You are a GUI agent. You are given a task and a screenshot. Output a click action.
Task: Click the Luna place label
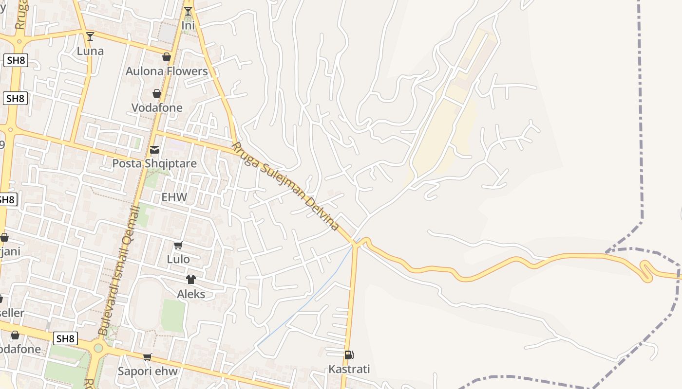pyautogui.click(x=90, y=51)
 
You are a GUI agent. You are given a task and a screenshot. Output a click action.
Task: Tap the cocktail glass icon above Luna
pyautogui.click(x=90, y=36)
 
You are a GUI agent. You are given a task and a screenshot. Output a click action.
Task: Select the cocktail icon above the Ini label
pyautogui.click(x=188, y=11)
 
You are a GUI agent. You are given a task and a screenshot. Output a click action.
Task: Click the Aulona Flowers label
pyautogui.click(x=167, y=71)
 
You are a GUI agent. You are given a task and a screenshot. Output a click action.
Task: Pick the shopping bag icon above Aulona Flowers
pyautogui.click(x=167, y=57)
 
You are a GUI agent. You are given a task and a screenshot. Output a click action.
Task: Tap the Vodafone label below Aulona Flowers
pyautogui.click(x=157, y=107)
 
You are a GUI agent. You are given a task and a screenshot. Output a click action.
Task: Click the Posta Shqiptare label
pyautogui.click(x=154, y=163)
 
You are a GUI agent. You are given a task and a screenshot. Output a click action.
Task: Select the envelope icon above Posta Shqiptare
pyautogui.click(x=154, y=149)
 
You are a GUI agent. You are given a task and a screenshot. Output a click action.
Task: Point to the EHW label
pyautogui.click(x=174, y=197)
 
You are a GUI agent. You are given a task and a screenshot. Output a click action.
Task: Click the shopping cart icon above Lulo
pyautogui.click(x=178, y=246)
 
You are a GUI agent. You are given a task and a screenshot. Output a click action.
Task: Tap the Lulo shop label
pyautogui.click(x=178, y=259)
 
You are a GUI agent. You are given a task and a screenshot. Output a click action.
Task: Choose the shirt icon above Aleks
pyautogui.click(x=190, y=280)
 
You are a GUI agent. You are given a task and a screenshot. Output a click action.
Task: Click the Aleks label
pyautogui.click(x=191, y=294)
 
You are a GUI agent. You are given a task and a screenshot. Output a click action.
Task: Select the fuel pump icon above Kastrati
pyautogui.click(x=349, y=355)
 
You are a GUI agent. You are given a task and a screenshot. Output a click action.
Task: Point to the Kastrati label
pyautogui.click(x=349, y=369)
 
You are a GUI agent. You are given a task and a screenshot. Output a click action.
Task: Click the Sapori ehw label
pyautogui.click(x=148, y=371)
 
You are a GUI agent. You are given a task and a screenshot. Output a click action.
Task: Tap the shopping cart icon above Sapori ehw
pyautogui.click(x=148, y=357)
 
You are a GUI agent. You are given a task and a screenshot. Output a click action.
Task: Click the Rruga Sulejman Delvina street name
pyautogui.click(x=285, y=186)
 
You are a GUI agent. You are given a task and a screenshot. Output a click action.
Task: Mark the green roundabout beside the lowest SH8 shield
pyautogui.click(x=98, y=348)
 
